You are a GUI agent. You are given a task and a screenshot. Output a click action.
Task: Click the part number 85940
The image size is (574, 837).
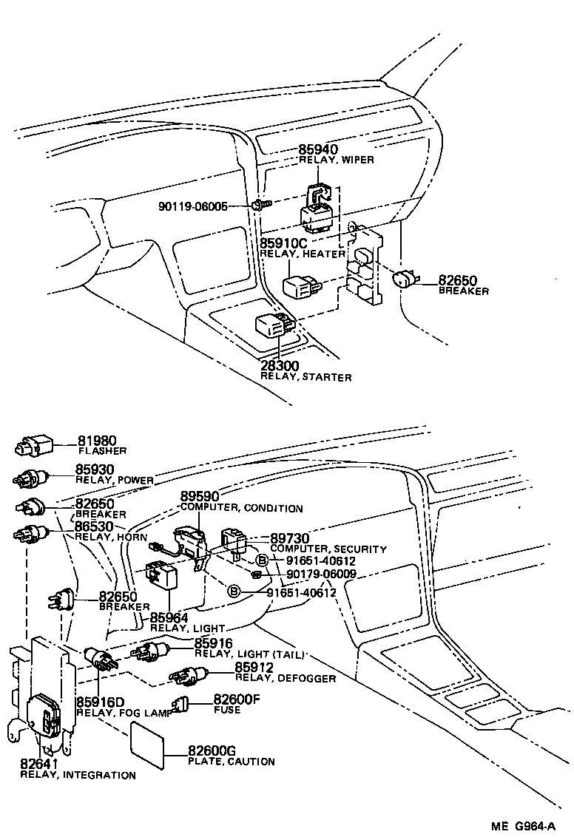point(323,149)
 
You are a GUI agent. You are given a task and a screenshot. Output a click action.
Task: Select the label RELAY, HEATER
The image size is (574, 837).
point(303,254)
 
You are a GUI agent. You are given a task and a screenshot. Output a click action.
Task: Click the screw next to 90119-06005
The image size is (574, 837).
point(258,204)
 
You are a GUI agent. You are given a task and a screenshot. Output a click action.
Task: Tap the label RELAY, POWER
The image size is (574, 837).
point(115,480)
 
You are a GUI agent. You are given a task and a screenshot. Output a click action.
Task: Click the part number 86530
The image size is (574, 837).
point(95,526)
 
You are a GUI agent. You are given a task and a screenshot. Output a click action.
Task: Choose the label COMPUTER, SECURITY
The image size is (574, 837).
point(328,549)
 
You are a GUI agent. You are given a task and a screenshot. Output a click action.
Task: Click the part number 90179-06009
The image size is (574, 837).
point(321,574)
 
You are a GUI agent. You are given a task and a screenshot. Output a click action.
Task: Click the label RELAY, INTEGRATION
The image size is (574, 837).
point(78,776)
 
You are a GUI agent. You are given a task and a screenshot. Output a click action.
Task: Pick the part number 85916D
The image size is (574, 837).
point(101,702)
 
